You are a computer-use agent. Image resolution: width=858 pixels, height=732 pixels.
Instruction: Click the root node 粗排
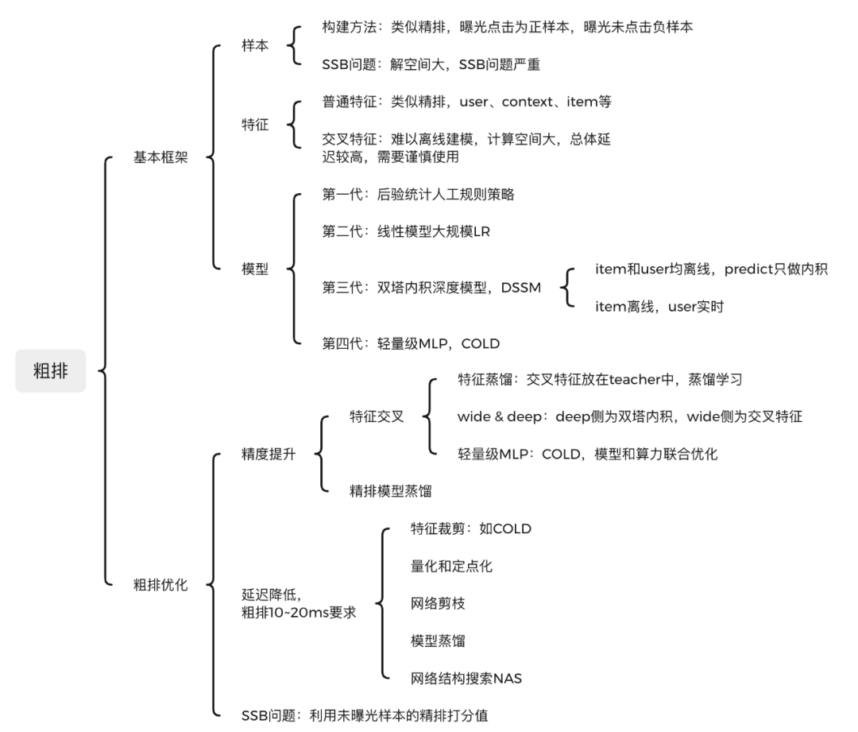[50, 370]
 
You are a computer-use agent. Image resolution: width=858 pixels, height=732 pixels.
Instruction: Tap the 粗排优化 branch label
[160, 585]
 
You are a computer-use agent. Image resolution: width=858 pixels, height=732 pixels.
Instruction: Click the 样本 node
[255, 45]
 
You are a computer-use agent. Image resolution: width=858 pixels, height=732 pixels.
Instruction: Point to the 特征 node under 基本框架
[255, 125]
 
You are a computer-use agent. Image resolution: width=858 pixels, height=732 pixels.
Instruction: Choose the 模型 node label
[255, 269]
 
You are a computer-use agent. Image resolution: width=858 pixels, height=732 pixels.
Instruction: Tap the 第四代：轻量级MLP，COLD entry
[411, 343]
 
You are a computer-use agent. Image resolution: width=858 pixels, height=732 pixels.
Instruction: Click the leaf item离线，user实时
[659, 306]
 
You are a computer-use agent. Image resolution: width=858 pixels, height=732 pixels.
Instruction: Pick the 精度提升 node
[269, 455]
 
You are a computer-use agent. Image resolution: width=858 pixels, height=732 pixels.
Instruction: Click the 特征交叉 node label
[377, 416]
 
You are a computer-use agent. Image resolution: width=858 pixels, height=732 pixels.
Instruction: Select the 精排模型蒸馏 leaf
[391, 491]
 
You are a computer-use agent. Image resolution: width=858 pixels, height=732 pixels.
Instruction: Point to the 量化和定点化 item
[451, 566]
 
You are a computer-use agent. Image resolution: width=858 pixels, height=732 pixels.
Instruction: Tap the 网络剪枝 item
[438, 603]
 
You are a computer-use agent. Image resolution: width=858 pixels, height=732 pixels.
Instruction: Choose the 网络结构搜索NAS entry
[466, 678]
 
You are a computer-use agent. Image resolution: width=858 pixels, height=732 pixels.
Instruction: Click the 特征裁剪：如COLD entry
[471, 529]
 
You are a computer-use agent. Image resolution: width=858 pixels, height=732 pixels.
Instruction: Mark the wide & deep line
[630, 416]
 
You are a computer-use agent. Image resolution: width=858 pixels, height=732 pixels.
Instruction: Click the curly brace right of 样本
[296, 45]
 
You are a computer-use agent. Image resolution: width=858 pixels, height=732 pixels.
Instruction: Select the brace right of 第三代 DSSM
[567, 287]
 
